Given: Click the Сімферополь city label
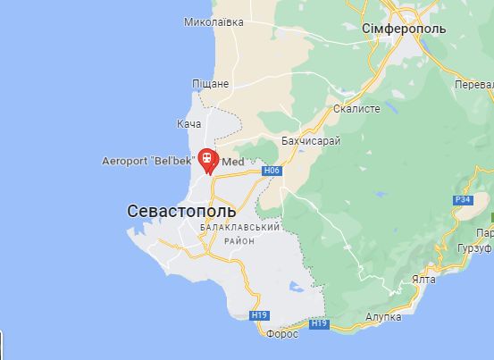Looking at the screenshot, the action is [x=405, y=29].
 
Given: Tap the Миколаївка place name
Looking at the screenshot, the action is [x=214, y=21].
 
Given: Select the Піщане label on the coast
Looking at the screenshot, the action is [x=211, y=83].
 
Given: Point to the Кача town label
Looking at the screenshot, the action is [x=189, y=122].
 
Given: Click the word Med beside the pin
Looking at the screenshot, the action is [x=232, y=163].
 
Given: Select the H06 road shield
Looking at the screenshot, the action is [x=272, y=170].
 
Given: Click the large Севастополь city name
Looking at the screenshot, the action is [x=182, y=212].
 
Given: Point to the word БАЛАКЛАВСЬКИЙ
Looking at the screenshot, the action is [x=240, y=228].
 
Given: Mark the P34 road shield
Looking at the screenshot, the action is [x=463, y=199].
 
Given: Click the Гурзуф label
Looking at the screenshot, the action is [x=475, y=247].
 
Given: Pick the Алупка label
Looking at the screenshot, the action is [x=384, y=316].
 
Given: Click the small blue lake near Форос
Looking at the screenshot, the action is [x=296, y=289].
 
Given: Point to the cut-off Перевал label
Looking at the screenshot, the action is [x=474, y=83].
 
